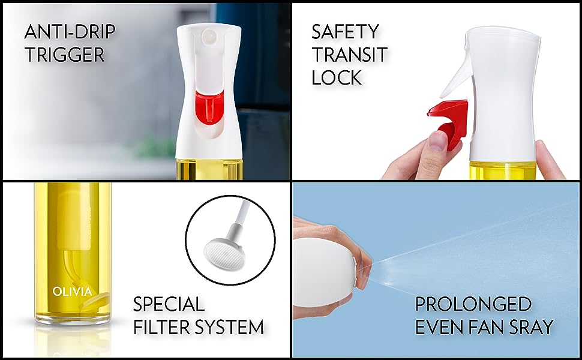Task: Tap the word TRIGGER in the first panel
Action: pyautogui.click(x=65, y=55)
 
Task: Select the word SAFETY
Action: pyautogui.click(x=344, y=31)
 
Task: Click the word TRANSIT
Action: pyautogui.click(x=349, y=54)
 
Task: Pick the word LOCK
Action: pyautogui.click(x=336, y=77)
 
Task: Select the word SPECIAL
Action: pyautogui.click(x=169, y=304)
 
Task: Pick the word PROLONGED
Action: pyautogui.click(x=465, y=304)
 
